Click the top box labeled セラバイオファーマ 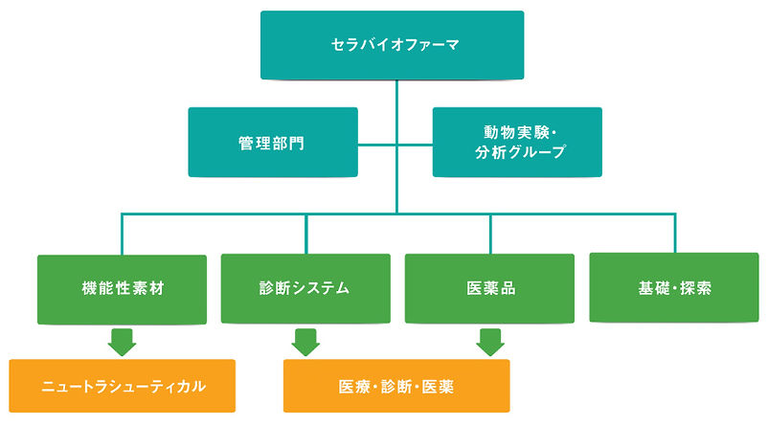coord(392,45)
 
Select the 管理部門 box coord(273,142)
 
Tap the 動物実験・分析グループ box coord(517,142)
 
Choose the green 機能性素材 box coord(122,289)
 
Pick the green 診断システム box coord(305,288)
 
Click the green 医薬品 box coord(489,288)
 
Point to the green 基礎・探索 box coord(674,287)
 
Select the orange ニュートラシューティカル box coord(122,386)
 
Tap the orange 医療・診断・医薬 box coord(396,386)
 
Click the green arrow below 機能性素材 coord(122,343)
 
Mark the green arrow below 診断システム coord(305,343)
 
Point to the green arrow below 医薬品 coord(490,343)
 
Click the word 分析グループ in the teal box coord(521,152)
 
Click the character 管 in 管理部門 coord(246,144)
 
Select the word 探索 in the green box coord(695,288)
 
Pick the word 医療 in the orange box coord(354,387)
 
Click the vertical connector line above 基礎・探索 coord(675,233)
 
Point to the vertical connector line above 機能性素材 coord(122,234)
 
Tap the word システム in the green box coord(321,288)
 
